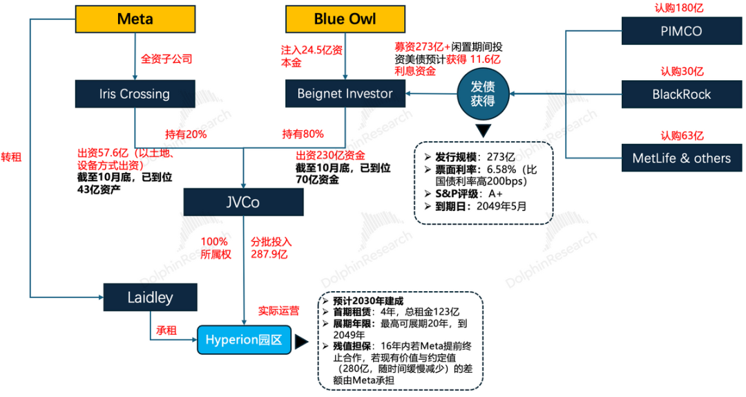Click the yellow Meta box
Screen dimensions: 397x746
coord(134,19)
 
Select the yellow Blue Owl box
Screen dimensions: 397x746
coord(345,19)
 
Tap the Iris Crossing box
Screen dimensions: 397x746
coord(134,94)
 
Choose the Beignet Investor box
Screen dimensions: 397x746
coord(345,94)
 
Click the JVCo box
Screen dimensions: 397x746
coord(244,203)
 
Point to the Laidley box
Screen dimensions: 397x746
coord(150,297)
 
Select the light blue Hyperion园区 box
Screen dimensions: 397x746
coord(244,340)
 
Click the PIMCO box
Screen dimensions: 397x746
coord(681,30)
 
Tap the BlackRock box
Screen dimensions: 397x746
coord(681,94)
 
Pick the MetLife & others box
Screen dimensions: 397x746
coord(681,158)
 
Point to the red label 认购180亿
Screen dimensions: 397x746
coord(681,8)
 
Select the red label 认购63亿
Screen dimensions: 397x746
coord(681,136)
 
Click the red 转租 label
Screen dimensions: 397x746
coord(11,157)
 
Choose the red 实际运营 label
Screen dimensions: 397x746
coord(278,311)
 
